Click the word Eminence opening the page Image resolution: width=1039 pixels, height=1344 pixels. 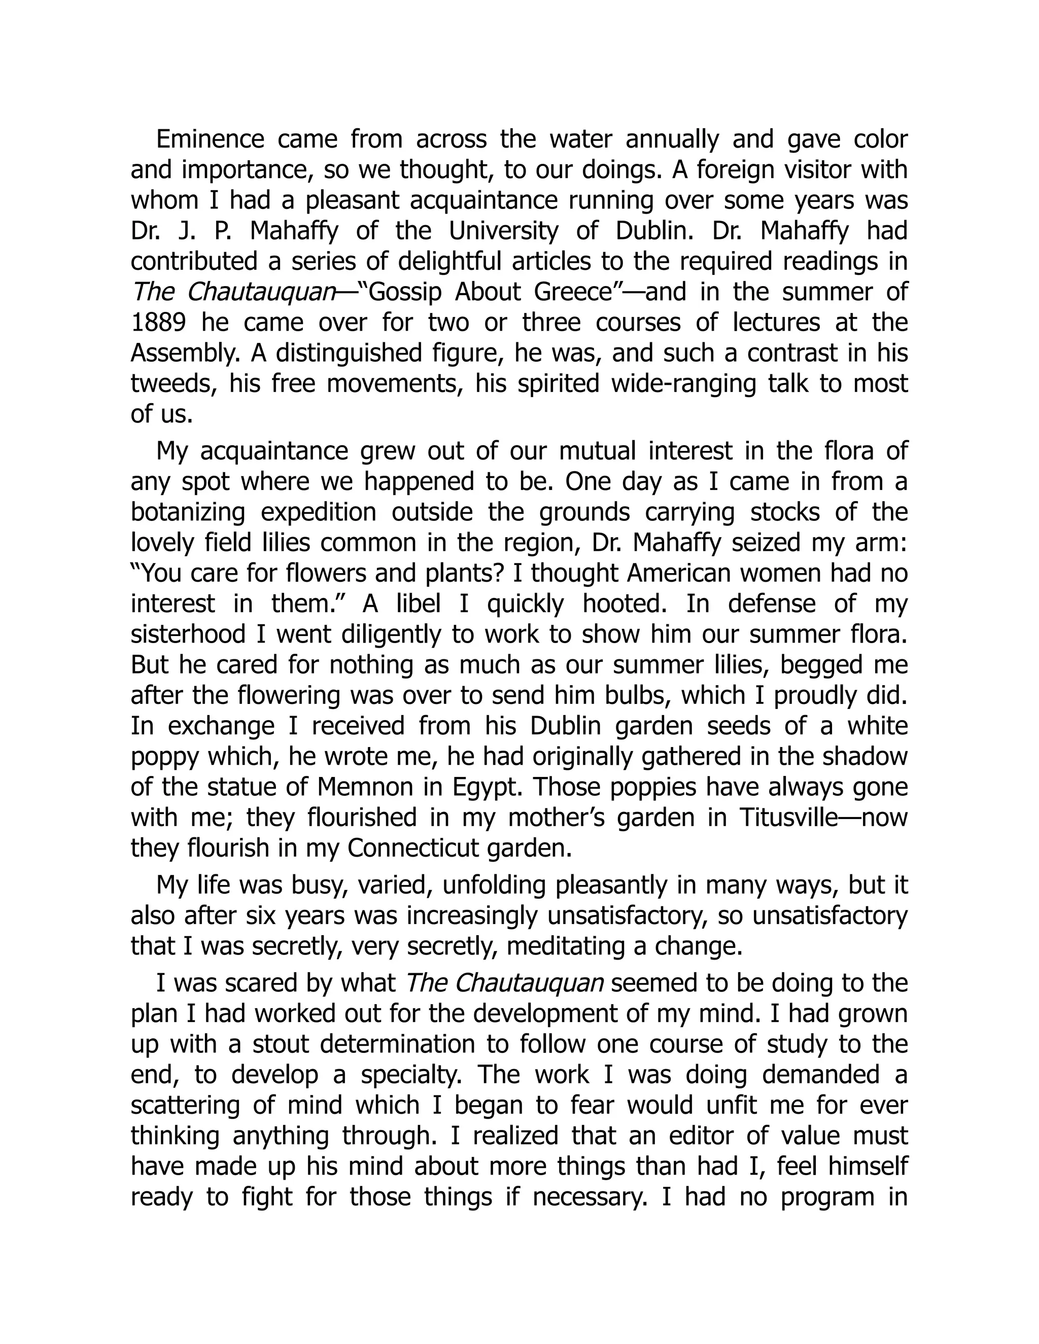pyautogui.click(x=210, y=139)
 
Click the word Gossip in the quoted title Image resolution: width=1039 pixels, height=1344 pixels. pyautogui.click(x=404, y=292)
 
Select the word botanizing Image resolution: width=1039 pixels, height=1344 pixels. pyautogui.click(x=188, y=513)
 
